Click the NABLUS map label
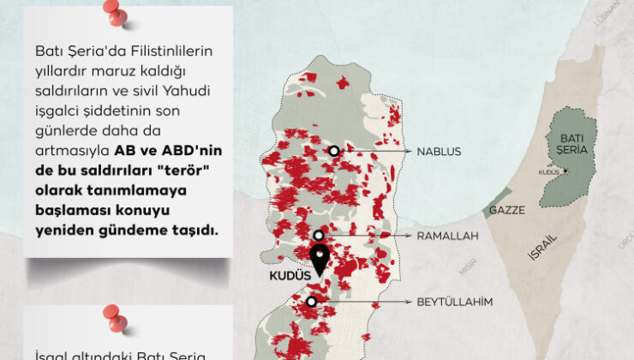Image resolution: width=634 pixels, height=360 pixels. point(439,152)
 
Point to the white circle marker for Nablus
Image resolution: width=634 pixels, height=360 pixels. point(332,152)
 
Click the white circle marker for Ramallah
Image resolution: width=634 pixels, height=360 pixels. point(319,235)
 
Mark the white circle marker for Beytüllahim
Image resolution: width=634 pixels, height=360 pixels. point(311,302)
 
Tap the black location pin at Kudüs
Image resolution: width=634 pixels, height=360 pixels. point(320,259)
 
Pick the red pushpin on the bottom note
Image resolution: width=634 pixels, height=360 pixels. point(113,318)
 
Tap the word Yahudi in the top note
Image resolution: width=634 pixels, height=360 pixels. point(189,92)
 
